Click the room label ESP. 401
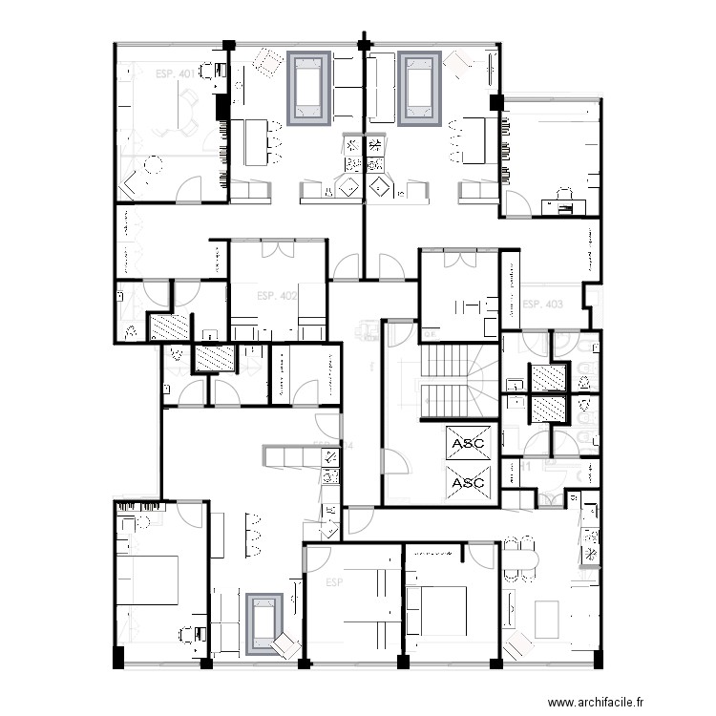point(173,73)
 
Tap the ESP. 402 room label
point(277,296)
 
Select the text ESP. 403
point(542,305)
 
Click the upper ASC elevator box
point(468,444)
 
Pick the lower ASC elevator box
point(468,483)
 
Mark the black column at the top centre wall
point(363,43)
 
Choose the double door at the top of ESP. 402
point(277,250)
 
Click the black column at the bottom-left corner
point(117,659)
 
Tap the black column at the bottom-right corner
point(597,660)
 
